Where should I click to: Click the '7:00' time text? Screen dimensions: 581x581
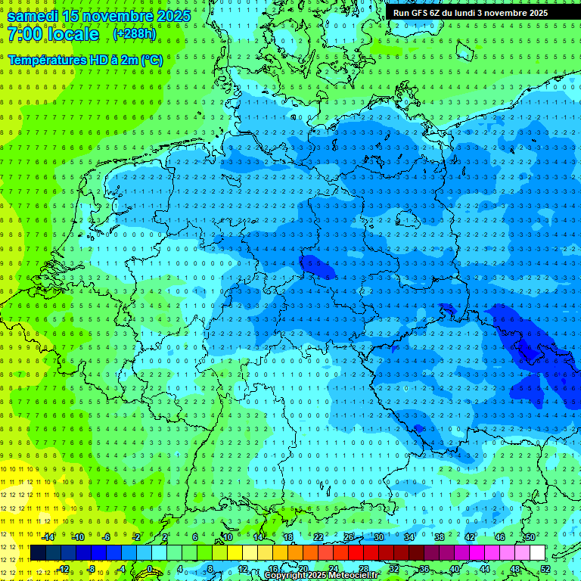tap(25, 35)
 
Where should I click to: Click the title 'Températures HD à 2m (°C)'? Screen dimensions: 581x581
tap(85, 59)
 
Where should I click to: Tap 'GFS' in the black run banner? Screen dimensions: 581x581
tap(429, 13)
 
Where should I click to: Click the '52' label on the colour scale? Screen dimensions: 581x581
tap(546, 569)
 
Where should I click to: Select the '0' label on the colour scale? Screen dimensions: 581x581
tap(151, 569)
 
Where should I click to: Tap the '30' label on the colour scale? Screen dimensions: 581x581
tap(379, 537)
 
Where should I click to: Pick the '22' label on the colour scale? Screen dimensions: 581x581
tap(318, 537)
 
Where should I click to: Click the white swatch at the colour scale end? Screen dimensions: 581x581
tap(537, 553)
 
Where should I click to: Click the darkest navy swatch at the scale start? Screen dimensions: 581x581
tap(38, 553)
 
